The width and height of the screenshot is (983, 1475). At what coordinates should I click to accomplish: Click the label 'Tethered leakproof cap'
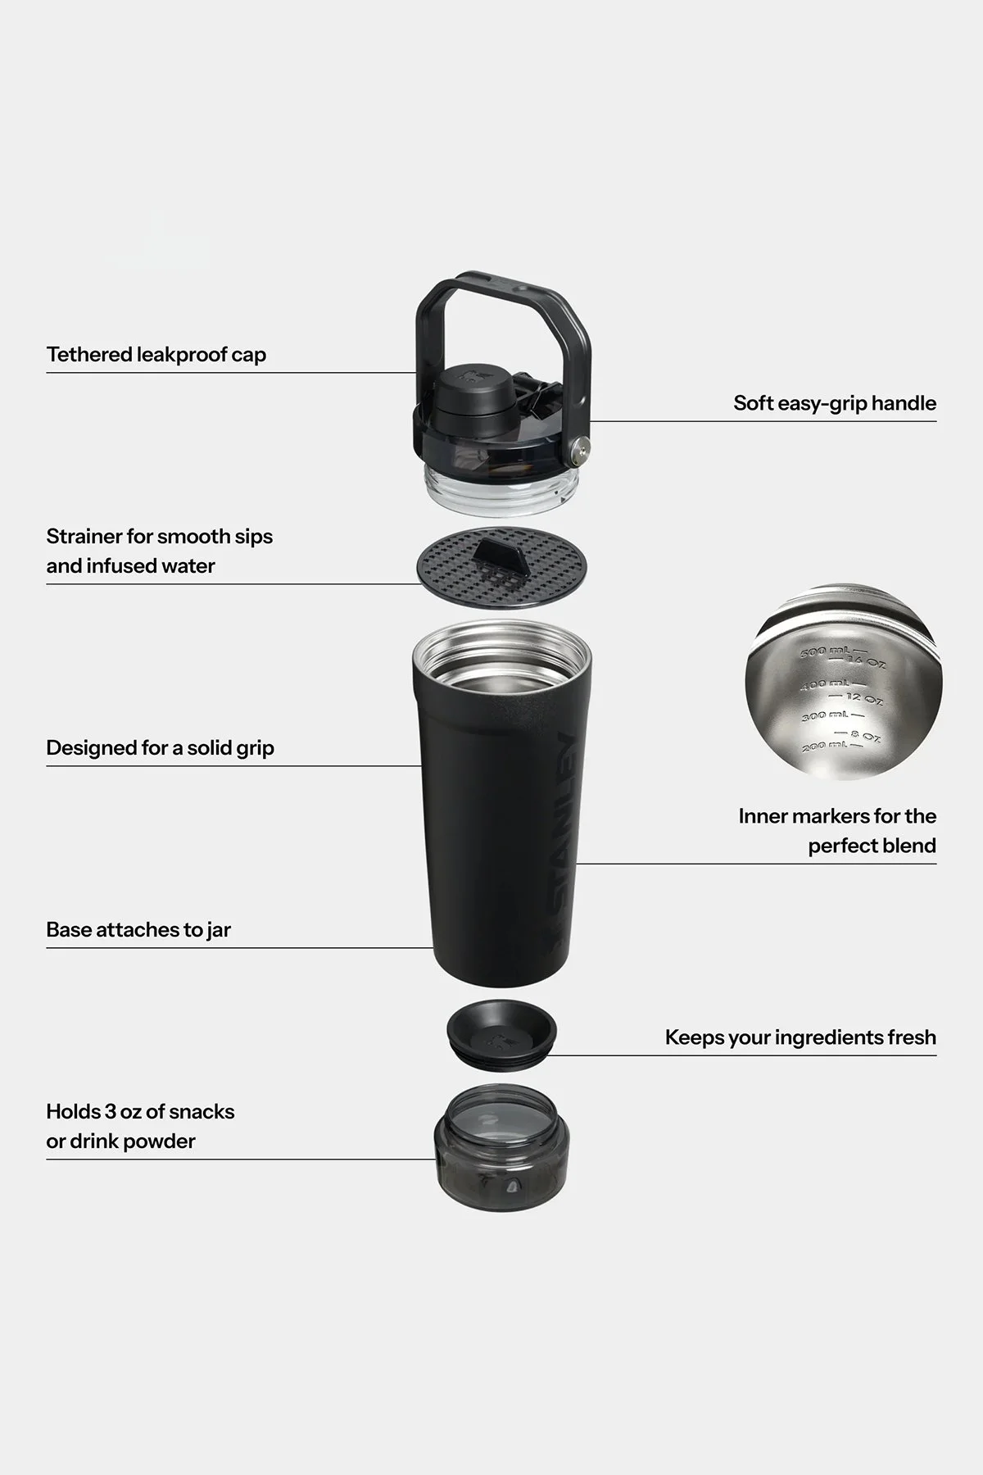tap(156, 355)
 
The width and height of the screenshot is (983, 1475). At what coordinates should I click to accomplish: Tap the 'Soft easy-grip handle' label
tap(834, 403)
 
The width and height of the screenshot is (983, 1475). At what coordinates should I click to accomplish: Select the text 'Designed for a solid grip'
tap(160, 748)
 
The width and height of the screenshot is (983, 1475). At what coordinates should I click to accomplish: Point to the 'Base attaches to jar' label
tap(138, 930)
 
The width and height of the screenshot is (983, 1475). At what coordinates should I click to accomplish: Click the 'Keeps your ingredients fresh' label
tap(800, 1037)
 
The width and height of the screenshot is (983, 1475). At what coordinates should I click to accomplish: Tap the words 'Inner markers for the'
tap(836, 816)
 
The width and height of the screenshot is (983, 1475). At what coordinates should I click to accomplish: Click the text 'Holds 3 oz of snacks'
tap(140, 1112)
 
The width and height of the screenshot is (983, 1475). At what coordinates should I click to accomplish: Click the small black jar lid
tap(501, 1034)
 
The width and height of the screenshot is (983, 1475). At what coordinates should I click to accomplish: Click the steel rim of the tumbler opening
tap(501, 635)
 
